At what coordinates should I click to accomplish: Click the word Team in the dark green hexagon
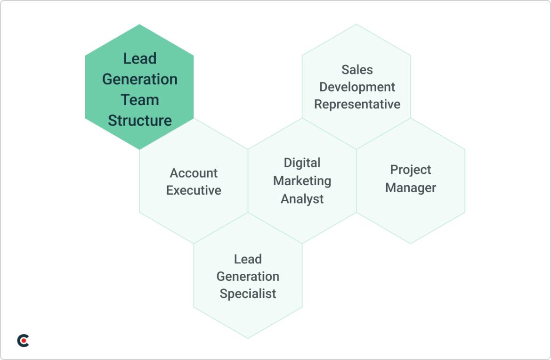click(x=140, y=100)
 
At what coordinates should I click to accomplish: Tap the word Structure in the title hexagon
click(x=140, y=121)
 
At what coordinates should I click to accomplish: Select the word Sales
click(x=357, y=70)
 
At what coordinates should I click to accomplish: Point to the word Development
click(x=357, y=87)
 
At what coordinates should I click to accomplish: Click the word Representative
click(x=357, y=104)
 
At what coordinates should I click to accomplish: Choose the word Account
click(x=194, y=173)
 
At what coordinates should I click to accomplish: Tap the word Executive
click(x=194, y=190)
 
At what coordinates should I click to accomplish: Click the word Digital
click(x=302, y=163)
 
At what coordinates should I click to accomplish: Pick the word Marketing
click(x=302, y=181)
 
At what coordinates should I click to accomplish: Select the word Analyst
click(x=302, y=199)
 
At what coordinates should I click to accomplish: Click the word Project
click(x=411, y=170)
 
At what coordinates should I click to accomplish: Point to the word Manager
click(x=411, y=188)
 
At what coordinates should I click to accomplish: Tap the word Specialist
click(x=248, y=294)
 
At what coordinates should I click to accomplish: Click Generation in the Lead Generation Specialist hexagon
click(x=248, y=277)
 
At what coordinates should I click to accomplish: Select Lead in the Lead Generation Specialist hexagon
click(x=248, y=259)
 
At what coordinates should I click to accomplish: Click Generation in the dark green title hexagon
click(x=140, y=79)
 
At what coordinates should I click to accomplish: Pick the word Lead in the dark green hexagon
click(x=140, y=58)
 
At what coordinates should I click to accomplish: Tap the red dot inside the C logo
click(x=25, y=341)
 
